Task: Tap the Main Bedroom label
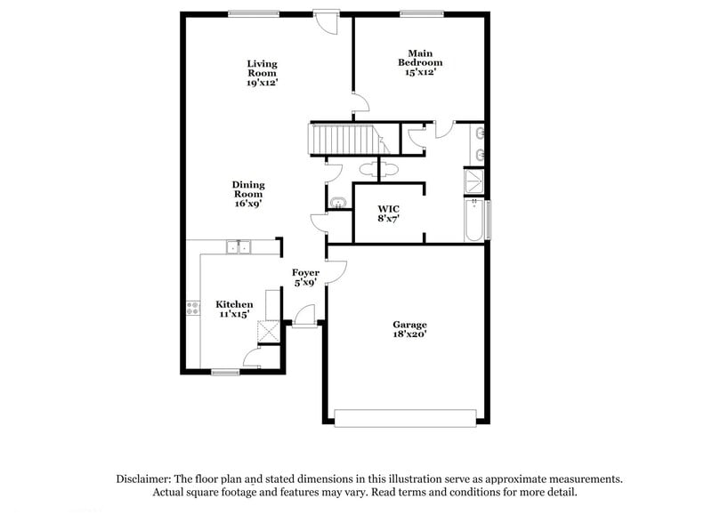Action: click(x=419, y=63)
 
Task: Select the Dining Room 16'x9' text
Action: click(x=248, y=194)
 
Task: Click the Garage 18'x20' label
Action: click(x=409, y=330)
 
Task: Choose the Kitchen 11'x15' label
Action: click(x=234, y=309)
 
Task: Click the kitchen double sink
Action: click(x=239, y=246)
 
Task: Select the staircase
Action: click(x=342, y=140)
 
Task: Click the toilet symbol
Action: click(x=368, y=168)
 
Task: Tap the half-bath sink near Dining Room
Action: click(x=336, y=203)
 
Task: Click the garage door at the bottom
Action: click(x=405, y=416)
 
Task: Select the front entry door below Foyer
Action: click(x=304, y=317)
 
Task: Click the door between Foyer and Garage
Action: click(x=333, y=271)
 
